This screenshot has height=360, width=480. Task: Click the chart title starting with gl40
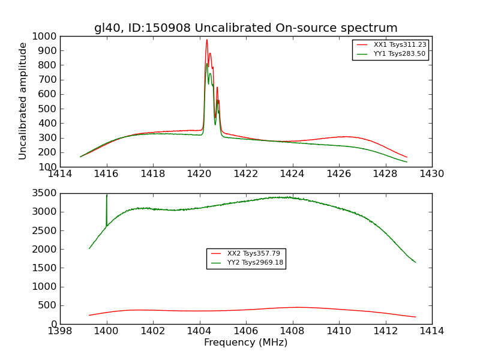(245, 28)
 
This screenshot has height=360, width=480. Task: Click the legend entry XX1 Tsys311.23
(400, 44)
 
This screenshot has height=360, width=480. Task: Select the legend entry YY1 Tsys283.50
(400, 53)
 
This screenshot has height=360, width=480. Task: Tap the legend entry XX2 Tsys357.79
(253, 253)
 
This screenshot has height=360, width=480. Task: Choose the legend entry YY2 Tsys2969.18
(255, 262)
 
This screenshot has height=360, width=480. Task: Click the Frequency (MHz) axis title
(245, 343)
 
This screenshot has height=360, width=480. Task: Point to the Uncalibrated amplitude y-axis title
(23, 101)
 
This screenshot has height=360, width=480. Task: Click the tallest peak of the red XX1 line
(206, 40)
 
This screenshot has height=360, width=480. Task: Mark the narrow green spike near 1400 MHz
(107, 196)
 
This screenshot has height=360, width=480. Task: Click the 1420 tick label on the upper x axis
(199, 173)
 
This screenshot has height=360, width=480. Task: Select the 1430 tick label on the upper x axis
(431, 173)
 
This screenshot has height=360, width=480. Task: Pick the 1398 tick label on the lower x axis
(60, 331)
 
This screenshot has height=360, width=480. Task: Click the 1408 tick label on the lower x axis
(292, 331)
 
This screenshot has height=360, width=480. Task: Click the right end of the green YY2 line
(415, 262)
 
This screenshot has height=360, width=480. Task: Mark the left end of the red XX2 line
(89, 315)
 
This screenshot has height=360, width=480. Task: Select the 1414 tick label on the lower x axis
(431, 331)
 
